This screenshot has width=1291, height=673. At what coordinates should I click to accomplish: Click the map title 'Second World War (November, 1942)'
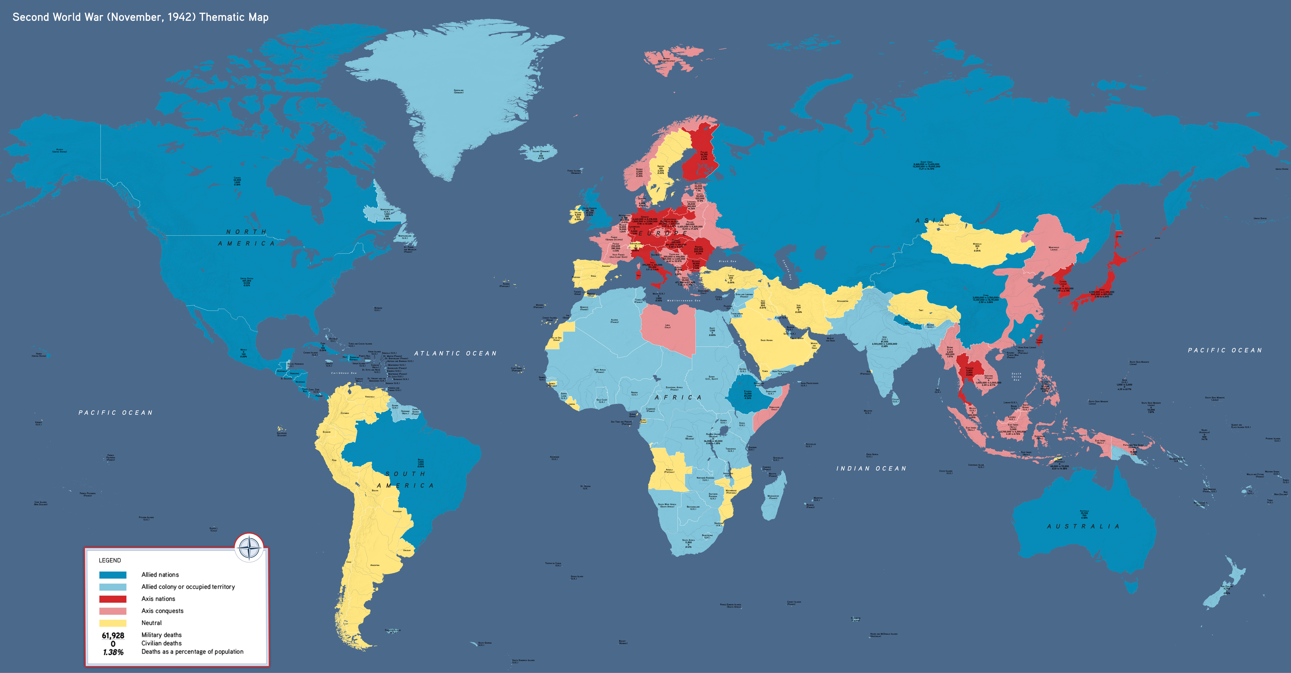click(140, 17)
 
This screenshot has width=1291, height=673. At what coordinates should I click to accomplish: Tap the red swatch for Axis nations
click(113, 599)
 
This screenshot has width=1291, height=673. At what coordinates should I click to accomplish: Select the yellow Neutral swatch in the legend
click(113, 623)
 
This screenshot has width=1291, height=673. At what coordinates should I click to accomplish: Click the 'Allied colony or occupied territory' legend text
click(188, 587)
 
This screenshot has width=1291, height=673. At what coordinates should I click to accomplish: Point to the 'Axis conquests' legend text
click(162, 611)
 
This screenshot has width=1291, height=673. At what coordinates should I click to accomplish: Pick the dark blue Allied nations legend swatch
click(113, 575)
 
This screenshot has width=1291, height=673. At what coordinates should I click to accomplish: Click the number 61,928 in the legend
click(113, 635)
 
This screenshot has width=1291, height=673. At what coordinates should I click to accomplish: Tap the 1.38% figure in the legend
click(113, 652)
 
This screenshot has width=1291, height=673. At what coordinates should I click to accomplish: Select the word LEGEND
click(110, 560)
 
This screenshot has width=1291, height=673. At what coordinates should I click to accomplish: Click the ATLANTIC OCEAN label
click(455, 353)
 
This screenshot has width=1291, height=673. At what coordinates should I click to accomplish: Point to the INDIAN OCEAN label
click(871, 468)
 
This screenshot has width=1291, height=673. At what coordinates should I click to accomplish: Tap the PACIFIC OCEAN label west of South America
click(115, 413)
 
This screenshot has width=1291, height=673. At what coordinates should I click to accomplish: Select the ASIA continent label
click(930, 221)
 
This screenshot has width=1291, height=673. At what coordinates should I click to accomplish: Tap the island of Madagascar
click(773, 497)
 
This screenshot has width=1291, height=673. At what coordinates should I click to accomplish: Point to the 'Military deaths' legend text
click(161, 635)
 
